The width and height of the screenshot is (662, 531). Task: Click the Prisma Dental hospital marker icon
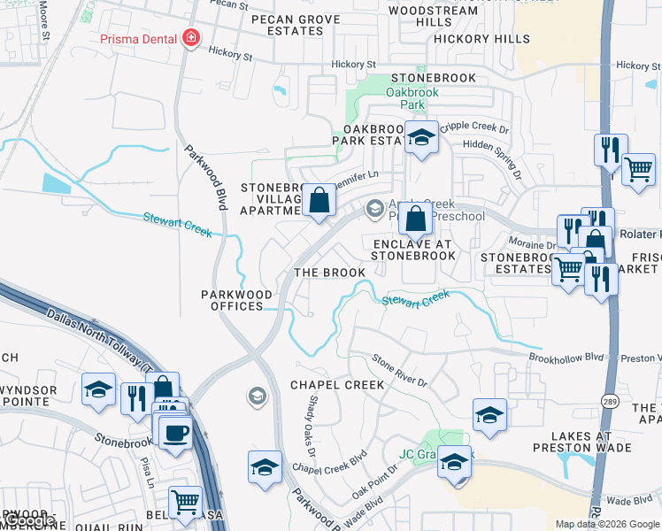(189, 38)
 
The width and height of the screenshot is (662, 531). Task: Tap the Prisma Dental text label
(139, 38)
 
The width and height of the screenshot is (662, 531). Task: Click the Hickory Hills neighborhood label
(489, 39)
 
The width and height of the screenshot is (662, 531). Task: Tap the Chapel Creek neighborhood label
(337, 385)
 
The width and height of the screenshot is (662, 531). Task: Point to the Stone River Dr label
(399, 372)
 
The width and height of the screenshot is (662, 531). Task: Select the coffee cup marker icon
(176, 431)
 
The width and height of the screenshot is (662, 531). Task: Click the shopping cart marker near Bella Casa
(186, 502)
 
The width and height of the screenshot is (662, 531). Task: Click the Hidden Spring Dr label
(488, 144)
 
